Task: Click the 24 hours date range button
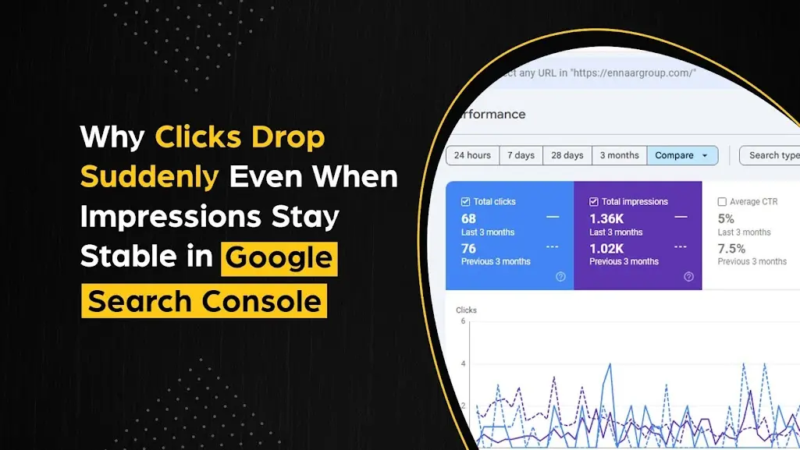[472, 155]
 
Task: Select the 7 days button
[521, 155]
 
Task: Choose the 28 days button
[567, 155]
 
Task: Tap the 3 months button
[619, 155]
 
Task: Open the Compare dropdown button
[682, 155]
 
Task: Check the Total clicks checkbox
[466, 201]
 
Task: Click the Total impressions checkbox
[594, 201]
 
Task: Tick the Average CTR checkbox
[722, 202]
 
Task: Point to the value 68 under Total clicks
[468, 218]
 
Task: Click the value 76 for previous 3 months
[468, 248]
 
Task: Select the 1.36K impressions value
[606, 218]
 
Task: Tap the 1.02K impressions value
[606, 248]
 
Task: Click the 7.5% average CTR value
[731, 248]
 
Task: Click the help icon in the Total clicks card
[560, 277]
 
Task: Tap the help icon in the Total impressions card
[688, 277]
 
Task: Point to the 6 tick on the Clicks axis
[463, 321]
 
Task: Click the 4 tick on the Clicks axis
[463, 363]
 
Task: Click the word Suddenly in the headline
[149, 177]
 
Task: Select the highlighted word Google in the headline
[279, 258]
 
